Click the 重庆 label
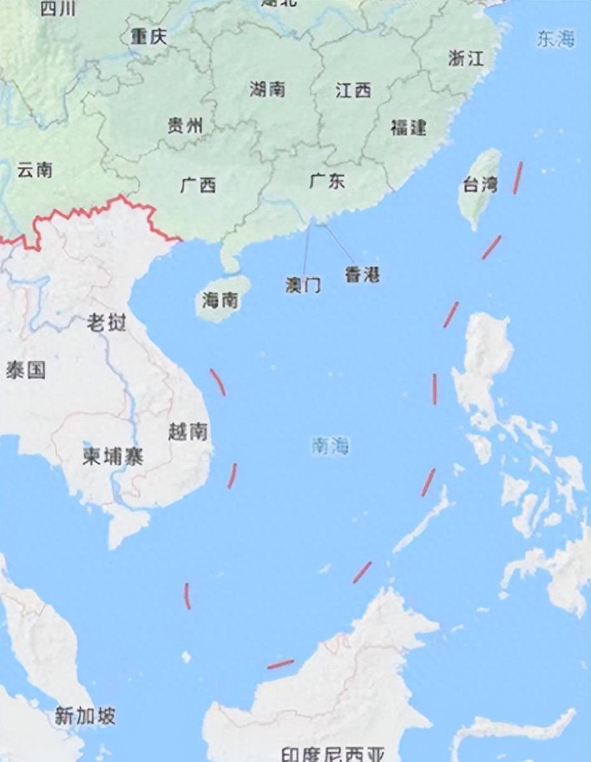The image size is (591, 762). coord(149,37)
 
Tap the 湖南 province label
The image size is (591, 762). coord(267,89)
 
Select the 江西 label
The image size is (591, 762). coord(353,90)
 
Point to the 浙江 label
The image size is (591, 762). coord(466,59)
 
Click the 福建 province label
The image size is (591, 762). coord(408,127)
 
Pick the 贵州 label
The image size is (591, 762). coord(185,125)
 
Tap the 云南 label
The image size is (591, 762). coord(35,170)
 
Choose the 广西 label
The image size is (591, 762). coord(198,185)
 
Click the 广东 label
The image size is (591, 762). coord(327,181)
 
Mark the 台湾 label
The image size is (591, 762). coord(480,186)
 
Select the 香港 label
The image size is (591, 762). coord(362,275)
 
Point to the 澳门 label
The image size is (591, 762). coord(303,285)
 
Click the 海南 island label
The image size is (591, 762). coord(220,299)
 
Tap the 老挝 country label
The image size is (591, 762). coord(106,323)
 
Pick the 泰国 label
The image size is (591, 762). coord(26,370)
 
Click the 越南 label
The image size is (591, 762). coord(188,432)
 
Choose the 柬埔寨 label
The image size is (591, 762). coord(113,456)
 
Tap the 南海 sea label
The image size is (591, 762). coord(331,446)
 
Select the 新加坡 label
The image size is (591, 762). coord(85,716)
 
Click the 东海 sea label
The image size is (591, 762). coord(555,39)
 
